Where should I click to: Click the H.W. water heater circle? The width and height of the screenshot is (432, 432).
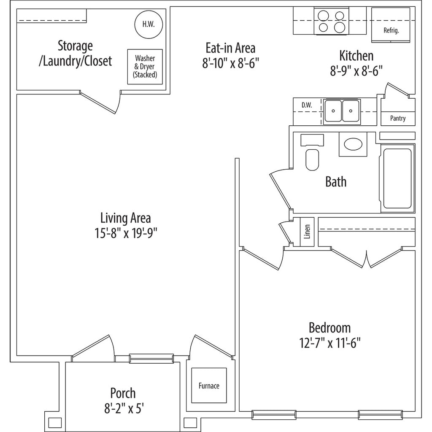click(x=148, y=24)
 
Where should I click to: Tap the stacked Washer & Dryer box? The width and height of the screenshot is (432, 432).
click(x=145, y=67)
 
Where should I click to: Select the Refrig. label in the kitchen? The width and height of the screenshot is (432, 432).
click(x=391, y=30)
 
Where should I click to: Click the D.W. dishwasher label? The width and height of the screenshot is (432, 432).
click(x=307, y=105)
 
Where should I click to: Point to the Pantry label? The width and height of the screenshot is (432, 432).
click(x=397, y=119)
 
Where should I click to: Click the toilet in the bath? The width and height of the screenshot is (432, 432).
click(x=312, y=159)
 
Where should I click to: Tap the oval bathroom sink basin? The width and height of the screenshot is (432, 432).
click(x=353, y=144)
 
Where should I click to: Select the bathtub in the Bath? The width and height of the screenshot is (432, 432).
click(x=397, y=178)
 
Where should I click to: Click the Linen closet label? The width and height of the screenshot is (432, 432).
click(x=307, y=232)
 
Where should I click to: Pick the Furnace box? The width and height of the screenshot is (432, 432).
click(x=209, y=386)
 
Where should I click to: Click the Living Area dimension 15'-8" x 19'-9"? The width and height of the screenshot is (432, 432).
click(x=126, y=233)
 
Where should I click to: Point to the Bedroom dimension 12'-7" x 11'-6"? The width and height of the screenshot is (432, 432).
click(x=330, y=342)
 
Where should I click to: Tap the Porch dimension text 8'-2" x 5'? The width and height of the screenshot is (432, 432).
click(x=123, y=408)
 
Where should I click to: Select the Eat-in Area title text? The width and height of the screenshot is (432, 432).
click(x=230, y=47)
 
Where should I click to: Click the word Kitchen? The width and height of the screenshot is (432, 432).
click(x=356, y=56)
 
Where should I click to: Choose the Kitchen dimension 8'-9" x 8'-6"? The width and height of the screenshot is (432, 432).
click(x=356, y=71)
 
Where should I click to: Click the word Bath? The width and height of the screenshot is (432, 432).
click(x=336, y=182)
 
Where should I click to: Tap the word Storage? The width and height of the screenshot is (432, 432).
click(x=75, y=45)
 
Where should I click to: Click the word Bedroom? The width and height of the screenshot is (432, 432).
click(x=330, y=327)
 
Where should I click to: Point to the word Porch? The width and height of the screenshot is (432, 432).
click(x=123, y=393)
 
